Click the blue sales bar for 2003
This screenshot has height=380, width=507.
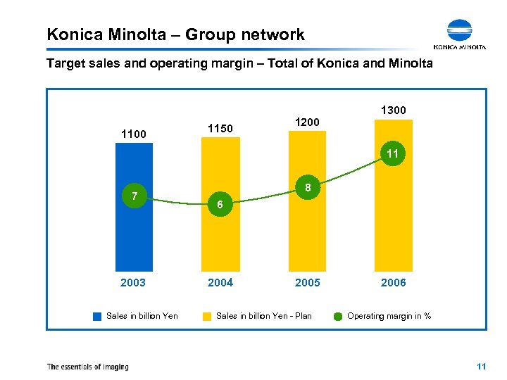click(x=133, y=225)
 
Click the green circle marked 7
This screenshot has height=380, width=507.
click(x=133, y=195)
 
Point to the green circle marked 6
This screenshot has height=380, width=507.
click(x=220, y=204)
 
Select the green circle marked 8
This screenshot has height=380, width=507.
click(x=307, y=188)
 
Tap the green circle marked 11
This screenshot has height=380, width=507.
click(x=393, y=153)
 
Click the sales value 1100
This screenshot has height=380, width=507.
click(x=133, y=133)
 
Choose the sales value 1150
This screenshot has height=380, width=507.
click(x=220, y=128)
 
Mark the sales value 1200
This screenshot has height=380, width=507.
click(x=307, y=122)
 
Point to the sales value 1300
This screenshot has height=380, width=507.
click(x=393, y=110)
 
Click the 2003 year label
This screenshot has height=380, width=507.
click(x=133, y=283)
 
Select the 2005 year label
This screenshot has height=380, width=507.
click(x=307, y=283)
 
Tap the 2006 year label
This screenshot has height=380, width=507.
click(x=393, y=283)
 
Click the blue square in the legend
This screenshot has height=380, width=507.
click(x=97, y=316)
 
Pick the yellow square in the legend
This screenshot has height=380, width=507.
click(x=207, y=316)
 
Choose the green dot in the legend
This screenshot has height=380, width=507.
click(x=337, y=316)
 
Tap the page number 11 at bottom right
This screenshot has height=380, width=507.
click(x=482, y=367)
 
